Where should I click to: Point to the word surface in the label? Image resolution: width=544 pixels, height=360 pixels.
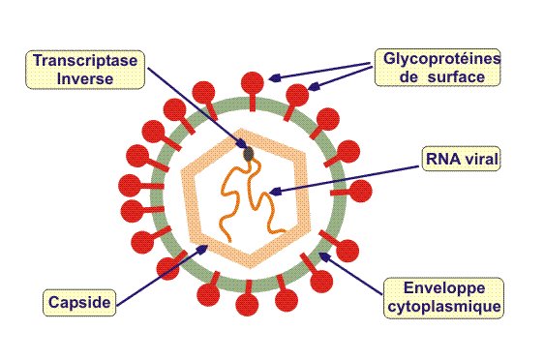[450, 76]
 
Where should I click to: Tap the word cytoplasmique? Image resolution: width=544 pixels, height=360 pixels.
[440, 306]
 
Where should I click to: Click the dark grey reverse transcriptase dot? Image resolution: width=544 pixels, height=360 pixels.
[249, 152]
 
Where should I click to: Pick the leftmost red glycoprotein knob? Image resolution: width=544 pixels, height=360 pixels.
[128, 183]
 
